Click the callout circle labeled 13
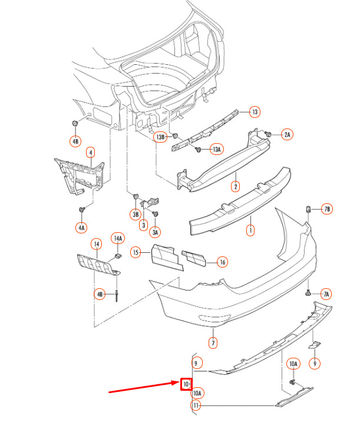(x=255, y=112)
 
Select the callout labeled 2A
(x=287, y=134)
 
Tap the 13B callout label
(x=161, y=137)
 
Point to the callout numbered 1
(x=250, y=230)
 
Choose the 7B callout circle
(x=327, y=209)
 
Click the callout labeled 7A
(x=326, y=294)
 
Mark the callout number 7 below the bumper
(x=213, y=343)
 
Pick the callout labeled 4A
(x=81, y=227)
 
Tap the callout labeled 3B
(x=136, y=215)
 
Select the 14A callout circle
(x=118, y=238)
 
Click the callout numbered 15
(x=136, y=252)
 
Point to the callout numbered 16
(x=223, y=262)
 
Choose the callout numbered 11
(x=196, y=405)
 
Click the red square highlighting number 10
(x=186, y=384)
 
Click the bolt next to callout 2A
(x=268, y=134)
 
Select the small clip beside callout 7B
(x=309, y=209)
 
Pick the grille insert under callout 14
(x=98, y=265)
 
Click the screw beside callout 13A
(x=197, y=150)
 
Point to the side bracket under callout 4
(x=79, y=176)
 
